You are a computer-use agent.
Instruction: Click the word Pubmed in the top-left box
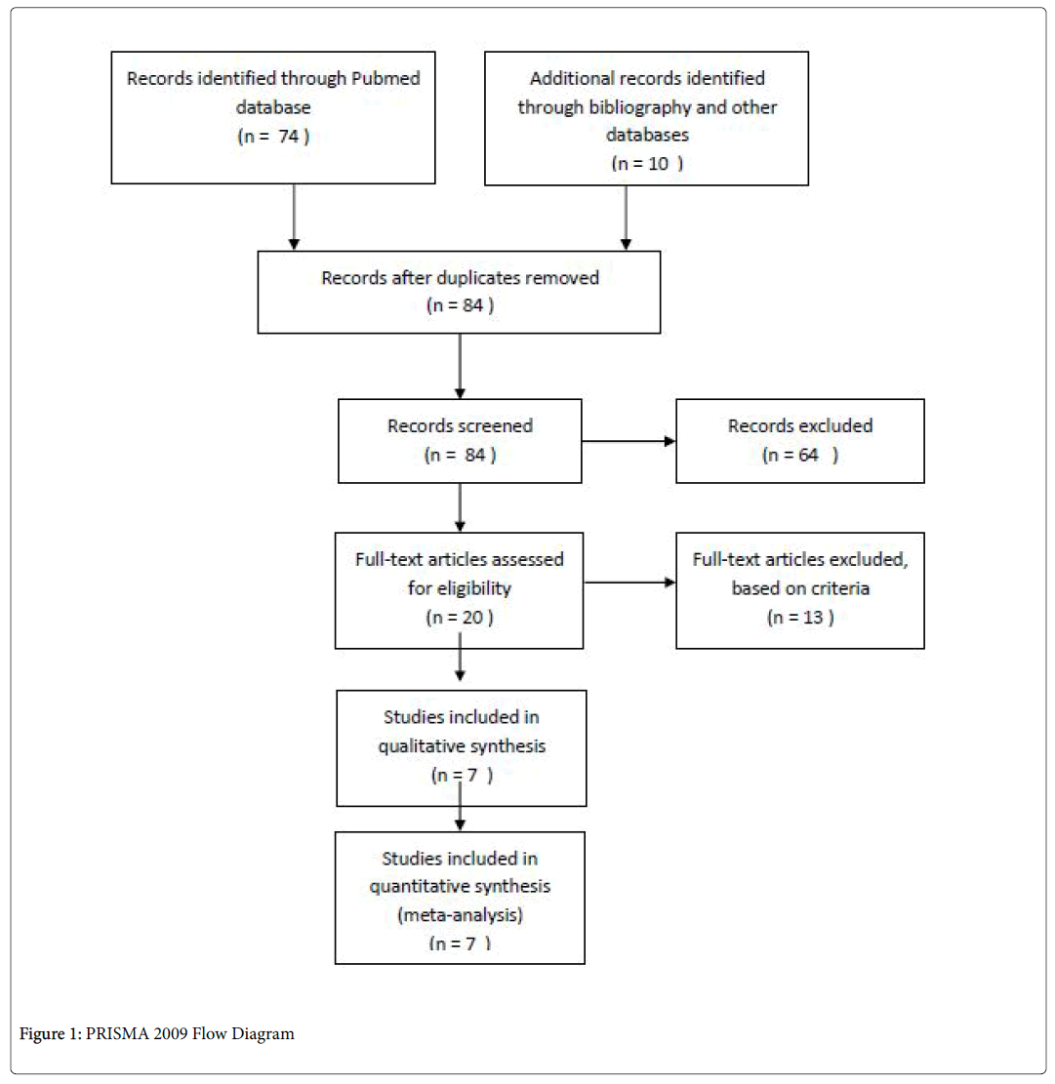[x=385, y=78]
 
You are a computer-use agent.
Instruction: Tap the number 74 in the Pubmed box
[x=288, y=137]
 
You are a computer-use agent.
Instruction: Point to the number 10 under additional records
[x=658, y=164]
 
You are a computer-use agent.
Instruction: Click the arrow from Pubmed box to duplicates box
[x=294, y=217]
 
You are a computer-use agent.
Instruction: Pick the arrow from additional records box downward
[x=626, y=218]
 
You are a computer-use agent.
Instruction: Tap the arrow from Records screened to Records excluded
[x=629, y=441]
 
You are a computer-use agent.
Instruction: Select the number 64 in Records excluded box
[x=808, y=455]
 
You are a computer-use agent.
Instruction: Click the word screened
[x=499, y=425]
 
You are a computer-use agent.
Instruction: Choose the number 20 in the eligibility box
[x=472, y=618]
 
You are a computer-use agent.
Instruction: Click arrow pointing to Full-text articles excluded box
[x=629, y=582]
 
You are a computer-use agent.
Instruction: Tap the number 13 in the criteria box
[x=812, y=618]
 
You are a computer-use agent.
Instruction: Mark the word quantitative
[x=409, y=887]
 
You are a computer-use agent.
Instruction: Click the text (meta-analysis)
[x=461, y=915]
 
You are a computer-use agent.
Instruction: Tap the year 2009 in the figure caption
[x=170, y=1034]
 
